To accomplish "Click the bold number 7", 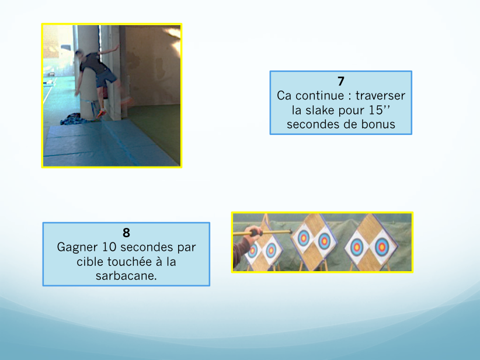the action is point(341,81).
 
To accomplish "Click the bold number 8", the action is point(127,233).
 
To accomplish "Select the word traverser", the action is point(380,96).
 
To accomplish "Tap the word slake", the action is point(321,110).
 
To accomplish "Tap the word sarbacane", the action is point(126,276).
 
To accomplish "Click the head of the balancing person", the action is point(79,56).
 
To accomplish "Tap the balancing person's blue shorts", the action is point(106,78).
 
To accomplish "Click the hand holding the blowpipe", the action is point(253,233).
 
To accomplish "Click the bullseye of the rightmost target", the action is point(381,247).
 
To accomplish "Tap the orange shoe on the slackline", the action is point(101,113).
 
